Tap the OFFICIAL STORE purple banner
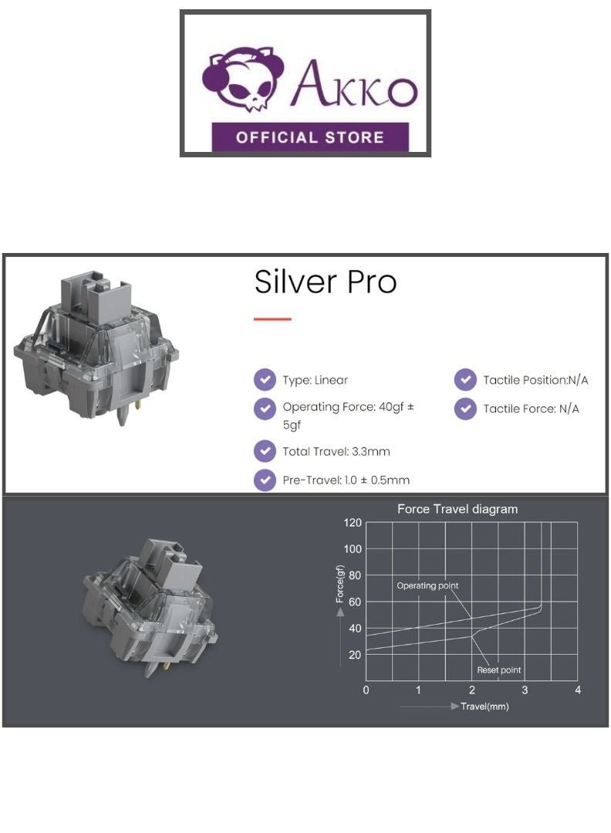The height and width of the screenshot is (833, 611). pos(309,138)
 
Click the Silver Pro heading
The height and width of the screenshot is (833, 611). pos(325,282)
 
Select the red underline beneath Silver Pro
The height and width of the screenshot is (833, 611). pos(272,319)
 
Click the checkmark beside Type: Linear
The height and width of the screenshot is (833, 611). pos(265,379)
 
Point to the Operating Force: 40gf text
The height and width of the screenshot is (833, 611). pos(348,406)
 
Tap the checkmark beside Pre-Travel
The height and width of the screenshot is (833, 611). pos(265,480)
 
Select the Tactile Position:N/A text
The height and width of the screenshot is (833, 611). pos(535,379)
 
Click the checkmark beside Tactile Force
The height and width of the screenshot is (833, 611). pos(465,409)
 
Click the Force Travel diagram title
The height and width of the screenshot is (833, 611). pos(457,509)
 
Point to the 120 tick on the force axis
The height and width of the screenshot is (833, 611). pos(353,523)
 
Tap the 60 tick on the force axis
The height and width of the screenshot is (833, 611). pos(356,602)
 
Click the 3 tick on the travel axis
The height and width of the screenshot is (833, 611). pos(525,689)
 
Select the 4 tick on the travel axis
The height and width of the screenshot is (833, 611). pos(578,689)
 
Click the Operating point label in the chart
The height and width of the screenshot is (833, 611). pos(427,586)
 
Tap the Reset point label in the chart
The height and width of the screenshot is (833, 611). pos(499,670)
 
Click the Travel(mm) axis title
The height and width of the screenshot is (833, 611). pos(484,707)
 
